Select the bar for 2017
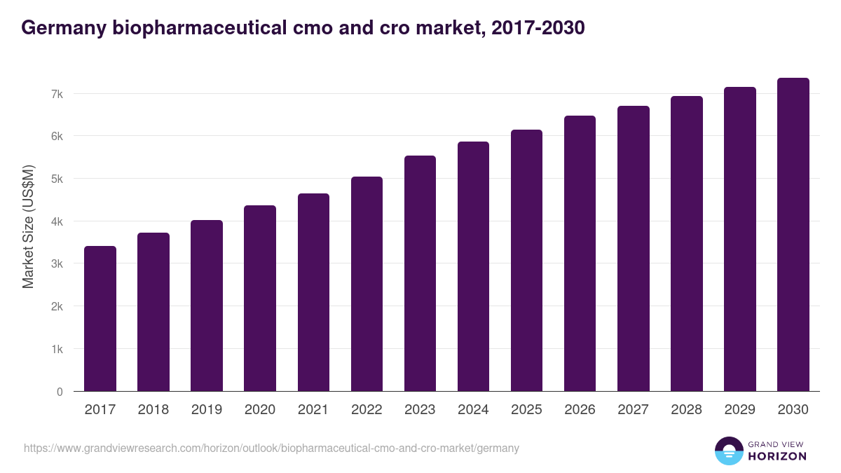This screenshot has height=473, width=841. [x=100, y=319]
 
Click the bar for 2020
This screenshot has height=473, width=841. [x=260, y=299]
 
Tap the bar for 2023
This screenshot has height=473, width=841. [x=420, y=273]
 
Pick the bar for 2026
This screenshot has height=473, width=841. [x=580, y=254]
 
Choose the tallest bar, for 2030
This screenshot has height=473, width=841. [x=793, y=235]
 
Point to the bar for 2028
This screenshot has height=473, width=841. [x=686, y=244]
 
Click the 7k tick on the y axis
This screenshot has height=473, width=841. [x=57, y=94]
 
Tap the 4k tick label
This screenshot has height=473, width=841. [x=57, y=221]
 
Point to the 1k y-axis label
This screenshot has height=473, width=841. [x=57, y=349]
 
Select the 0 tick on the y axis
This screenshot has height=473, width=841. [x=60, y=392]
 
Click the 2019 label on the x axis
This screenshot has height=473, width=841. [x=207, y=410]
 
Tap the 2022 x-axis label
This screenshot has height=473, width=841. [x=367, y=410]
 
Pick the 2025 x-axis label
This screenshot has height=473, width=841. [x=526, y=410]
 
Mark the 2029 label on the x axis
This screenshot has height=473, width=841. [x=739, y=410]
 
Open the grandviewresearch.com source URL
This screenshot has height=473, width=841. [x=271, y=448]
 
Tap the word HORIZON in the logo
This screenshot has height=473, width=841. [x=777, y=456]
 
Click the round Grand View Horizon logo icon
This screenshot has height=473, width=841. [x=729, y=451]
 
